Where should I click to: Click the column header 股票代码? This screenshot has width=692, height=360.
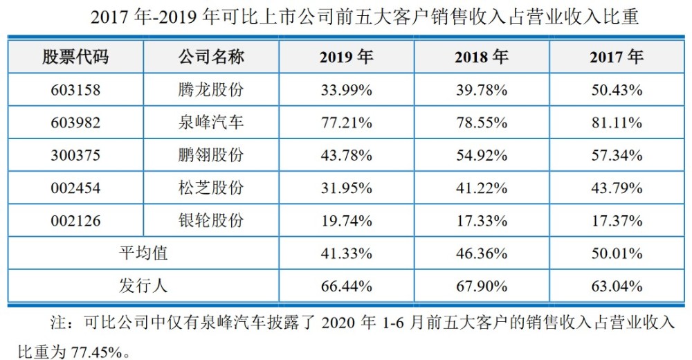click(x=75, y=57)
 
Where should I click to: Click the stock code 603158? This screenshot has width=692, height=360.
click(x=75, y=90)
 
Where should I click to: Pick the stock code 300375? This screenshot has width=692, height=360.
click(x=75, y=156)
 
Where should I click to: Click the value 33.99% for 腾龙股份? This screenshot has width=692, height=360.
click(x=346, y=90)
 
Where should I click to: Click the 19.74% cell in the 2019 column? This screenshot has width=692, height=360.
click(x=346, y=221)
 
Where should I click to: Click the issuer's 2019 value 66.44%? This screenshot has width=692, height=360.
click(x=346, y=286)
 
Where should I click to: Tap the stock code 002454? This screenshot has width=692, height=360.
click(x=75, y=188)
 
